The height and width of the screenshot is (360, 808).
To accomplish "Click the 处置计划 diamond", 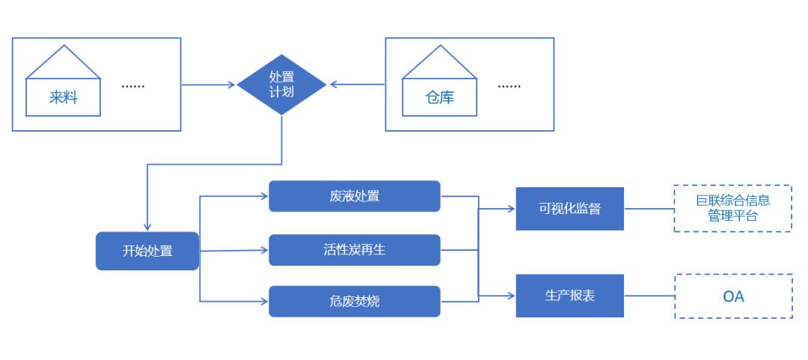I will (x=281, y=84).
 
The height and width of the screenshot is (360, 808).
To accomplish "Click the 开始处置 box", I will (x=147, y=251).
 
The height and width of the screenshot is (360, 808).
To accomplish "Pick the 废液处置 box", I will (x=355, y=196).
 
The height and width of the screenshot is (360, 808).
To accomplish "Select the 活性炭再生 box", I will (x=355, y=250).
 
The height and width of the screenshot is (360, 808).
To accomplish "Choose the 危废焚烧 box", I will (x=355, y=301).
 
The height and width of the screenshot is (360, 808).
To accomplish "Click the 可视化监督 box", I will (x=569, y=209).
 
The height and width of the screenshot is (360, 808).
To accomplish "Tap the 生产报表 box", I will (x=569, y=296).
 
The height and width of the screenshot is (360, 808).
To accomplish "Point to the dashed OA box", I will (x=733, y=296).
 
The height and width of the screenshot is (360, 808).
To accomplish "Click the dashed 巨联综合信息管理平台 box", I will (x=732, y=208).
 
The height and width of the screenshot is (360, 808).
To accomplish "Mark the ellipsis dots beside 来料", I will (x=133, y=86).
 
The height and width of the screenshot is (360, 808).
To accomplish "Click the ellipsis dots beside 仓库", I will (x=509, y=86).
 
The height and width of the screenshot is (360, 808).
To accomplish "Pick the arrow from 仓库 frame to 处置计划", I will (x=358, y=85).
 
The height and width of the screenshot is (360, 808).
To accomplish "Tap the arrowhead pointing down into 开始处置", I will (x=147, y=227).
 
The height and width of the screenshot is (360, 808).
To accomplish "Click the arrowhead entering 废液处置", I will (x=264, y=196).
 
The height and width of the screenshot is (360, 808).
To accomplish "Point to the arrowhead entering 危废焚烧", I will (x=264, y=301).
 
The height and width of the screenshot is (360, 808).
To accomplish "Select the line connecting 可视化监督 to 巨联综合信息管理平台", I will (x=649, y=209).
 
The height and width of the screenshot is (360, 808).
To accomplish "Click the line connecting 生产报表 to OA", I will (x=649, y=296).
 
